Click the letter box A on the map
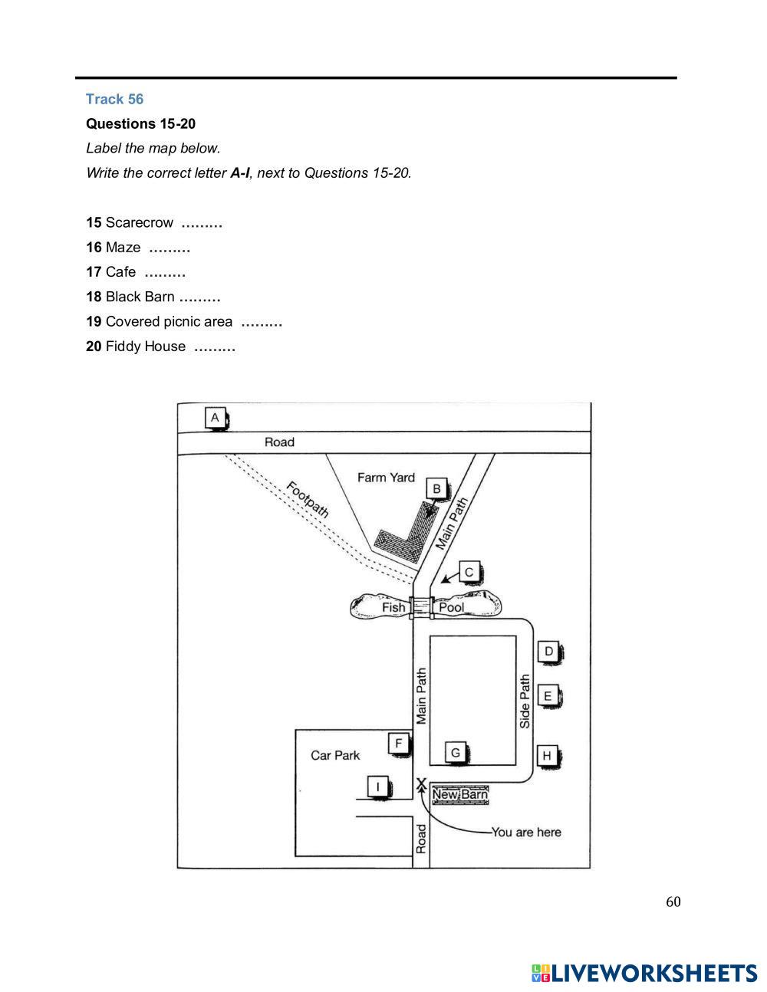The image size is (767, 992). pos(216,418)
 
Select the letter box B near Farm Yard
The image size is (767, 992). pos(436,489)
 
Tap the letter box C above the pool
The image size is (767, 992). pos(469,572)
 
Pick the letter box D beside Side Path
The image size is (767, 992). pos(548,652)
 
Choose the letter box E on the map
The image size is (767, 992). pos(548,696)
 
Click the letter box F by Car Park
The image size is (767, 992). pos(398,743)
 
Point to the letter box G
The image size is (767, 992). pos(456,753)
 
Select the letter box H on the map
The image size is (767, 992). pos(547,756)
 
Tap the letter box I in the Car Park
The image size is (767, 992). pos(377,787)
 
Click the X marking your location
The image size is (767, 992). pos(421,783)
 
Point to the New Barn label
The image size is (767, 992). pos(459,795)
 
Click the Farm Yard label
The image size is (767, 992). pos(386,478)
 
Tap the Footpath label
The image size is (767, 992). pos(307,499)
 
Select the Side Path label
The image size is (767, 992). pos(525,701)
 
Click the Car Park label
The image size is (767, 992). pos(335,756)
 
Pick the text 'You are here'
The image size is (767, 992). pos(526,833)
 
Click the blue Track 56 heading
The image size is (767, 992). pos(114,99)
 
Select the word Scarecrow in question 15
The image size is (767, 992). pos(140,223)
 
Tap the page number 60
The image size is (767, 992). pos(673,902)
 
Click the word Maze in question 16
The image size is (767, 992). pos(123,248)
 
